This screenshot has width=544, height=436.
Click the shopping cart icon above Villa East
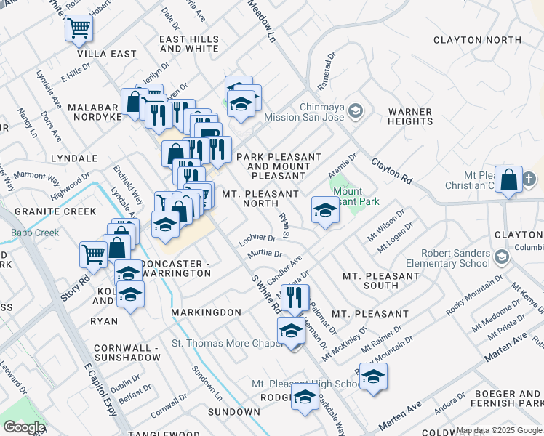79,29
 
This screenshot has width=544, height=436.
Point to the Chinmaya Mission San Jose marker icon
356,110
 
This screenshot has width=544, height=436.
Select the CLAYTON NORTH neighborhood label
476,40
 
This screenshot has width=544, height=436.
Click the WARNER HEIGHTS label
410,117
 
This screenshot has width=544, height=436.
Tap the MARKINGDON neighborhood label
206,312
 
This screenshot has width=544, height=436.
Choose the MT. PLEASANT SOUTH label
380,281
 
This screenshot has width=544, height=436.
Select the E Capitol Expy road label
100,389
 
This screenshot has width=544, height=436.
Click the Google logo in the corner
24,427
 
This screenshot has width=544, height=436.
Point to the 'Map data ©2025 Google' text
498,431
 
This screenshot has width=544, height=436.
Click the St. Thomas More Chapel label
226,343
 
